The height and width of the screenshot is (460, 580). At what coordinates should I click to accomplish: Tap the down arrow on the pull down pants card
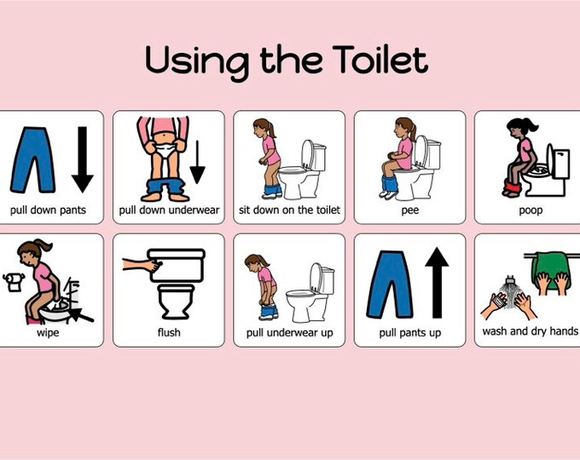point(82,158)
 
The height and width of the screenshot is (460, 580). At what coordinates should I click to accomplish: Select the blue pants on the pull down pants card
point(33,158)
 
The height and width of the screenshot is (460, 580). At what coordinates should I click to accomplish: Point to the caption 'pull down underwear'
point(169,210)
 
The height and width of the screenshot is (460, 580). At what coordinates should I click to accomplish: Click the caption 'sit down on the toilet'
point(289,210)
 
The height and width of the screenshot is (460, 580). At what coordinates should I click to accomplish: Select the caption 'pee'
point(409,210)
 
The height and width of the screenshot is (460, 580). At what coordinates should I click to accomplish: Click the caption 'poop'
point(530,210)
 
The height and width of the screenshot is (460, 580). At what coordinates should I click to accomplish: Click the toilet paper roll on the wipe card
point(13,282)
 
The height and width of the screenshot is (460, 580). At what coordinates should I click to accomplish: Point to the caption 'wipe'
point(48,332)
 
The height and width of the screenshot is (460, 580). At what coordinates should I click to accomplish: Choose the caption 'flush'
point(169,332)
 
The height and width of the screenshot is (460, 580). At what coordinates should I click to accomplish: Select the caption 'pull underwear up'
point(289,332)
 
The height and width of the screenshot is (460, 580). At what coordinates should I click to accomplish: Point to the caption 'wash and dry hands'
point(530,331)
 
